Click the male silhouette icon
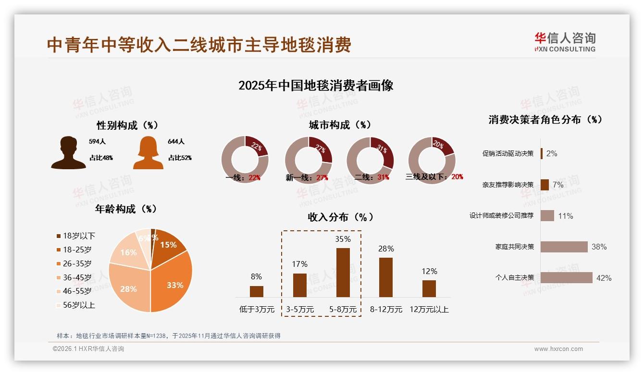pos(68,153)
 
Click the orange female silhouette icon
pos(148,153)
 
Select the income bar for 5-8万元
pos(343,272)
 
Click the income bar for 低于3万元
pos(257,291)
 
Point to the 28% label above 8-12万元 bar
pos(386,249)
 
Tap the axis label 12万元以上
pos(429,310)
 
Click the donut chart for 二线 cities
pos(370,160)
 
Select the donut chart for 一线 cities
pos(245,160)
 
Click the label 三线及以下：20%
pos(434,176)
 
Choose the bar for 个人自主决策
pos(566,277)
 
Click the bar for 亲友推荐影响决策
pos(545,185)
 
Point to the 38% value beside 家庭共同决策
pos(599,247)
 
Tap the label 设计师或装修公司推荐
pos(501,215)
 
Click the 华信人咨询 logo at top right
pos(565,42)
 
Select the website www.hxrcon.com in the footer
pos(558,349)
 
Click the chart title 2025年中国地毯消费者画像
pos(316,86)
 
